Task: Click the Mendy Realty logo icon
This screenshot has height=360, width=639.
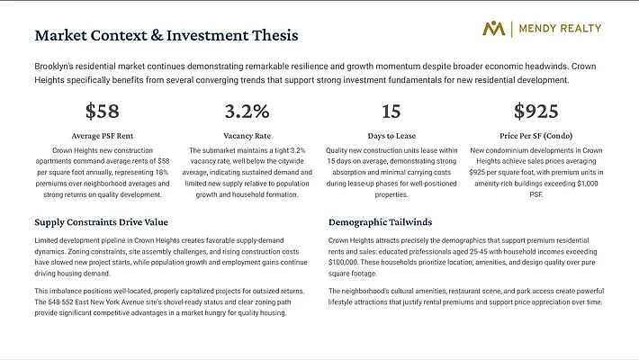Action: click(494, 29)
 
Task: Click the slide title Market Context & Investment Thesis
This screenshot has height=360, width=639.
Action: click(166, 36)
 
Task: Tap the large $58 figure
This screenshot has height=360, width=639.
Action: click(102, 112)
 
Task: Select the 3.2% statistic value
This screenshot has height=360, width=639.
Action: click(247, 112)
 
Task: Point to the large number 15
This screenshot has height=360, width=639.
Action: click(391, 112)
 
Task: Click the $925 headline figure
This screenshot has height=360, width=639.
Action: click(536, 112)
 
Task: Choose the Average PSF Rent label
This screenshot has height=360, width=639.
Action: click(102, 135)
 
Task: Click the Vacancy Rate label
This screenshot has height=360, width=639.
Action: click(247, 135)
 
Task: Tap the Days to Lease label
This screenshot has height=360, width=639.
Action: click(391, 135)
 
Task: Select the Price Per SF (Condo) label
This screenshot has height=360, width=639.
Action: click(536, 135)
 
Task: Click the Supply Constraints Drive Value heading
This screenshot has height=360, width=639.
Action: click(102, 221)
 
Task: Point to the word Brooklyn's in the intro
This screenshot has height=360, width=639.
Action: click(54, 67)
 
